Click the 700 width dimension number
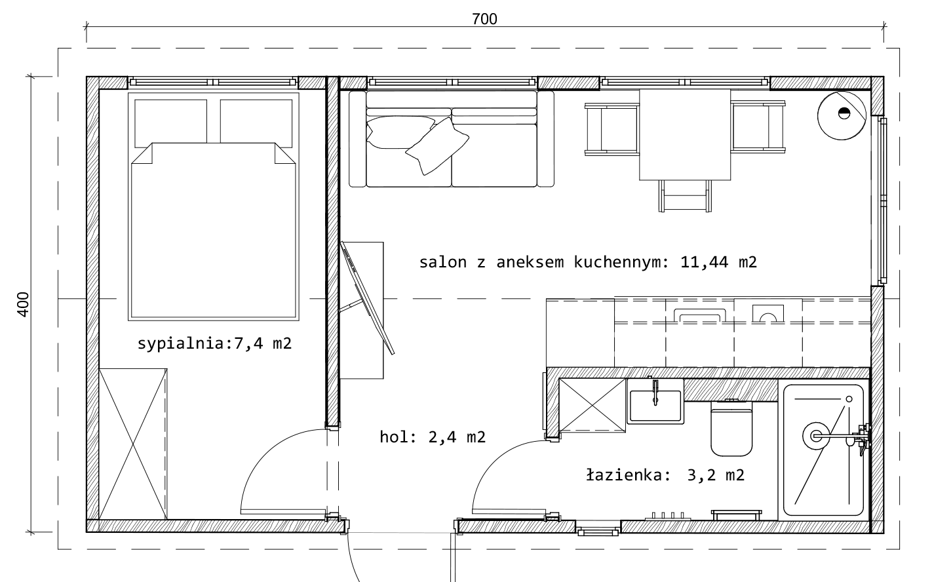484,19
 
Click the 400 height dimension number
24,305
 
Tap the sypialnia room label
215,343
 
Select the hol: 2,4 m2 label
433,436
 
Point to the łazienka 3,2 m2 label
665,475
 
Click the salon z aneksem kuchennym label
588,262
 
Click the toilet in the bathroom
731,429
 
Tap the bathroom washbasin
655,401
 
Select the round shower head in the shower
816,436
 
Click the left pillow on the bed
170,123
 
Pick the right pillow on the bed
256,123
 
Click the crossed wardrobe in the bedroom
133,444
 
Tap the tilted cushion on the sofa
437,146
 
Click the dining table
685,135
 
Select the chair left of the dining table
612,129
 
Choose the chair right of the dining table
758,126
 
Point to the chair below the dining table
685,196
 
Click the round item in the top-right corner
842,115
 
